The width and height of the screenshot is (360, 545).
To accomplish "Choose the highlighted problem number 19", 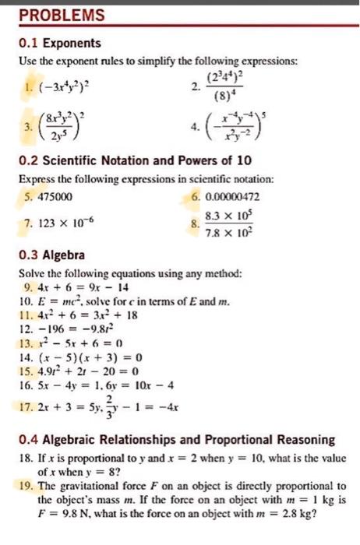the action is click(25, 485).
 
